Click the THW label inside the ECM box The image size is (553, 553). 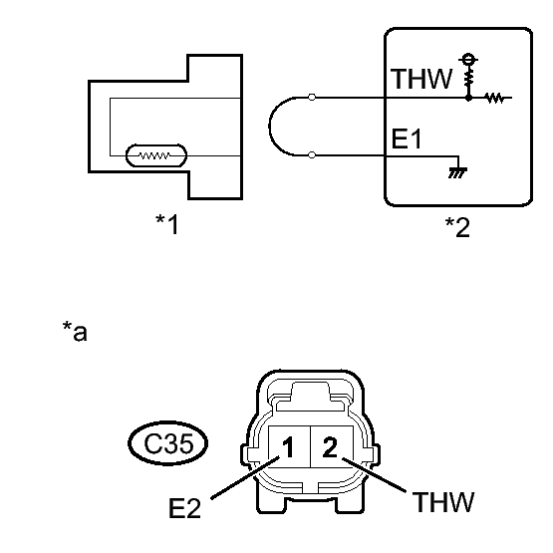pos(421,79)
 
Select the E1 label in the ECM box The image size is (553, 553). pos(407,138)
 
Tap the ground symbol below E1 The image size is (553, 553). pos(457,172)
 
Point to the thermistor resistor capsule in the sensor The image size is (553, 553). pos(156,155)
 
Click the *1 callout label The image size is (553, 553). pos(167,224)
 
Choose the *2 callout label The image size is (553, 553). pos(457,227)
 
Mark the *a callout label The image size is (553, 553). pos(75,331)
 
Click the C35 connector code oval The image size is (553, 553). pos(167,443)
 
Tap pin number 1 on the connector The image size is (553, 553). pos(289,447)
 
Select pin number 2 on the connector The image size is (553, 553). pos(330,447)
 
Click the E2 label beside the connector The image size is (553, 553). pos(184,508)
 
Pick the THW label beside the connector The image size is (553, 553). pos(443,502)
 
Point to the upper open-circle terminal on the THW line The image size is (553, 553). pos(312,97)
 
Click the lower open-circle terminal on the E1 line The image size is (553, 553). pos(312,154)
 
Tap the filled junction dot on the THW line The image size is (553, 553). pos(468,98)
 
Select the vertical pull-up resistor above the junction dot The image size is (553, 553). pos(468,78)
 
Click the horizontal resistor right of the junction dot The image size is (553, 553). pos(494,98)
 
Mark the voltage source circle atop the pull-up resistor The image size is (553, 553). pos(468,59)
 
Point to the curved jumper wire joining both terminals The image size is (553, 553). pos(269,126)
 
